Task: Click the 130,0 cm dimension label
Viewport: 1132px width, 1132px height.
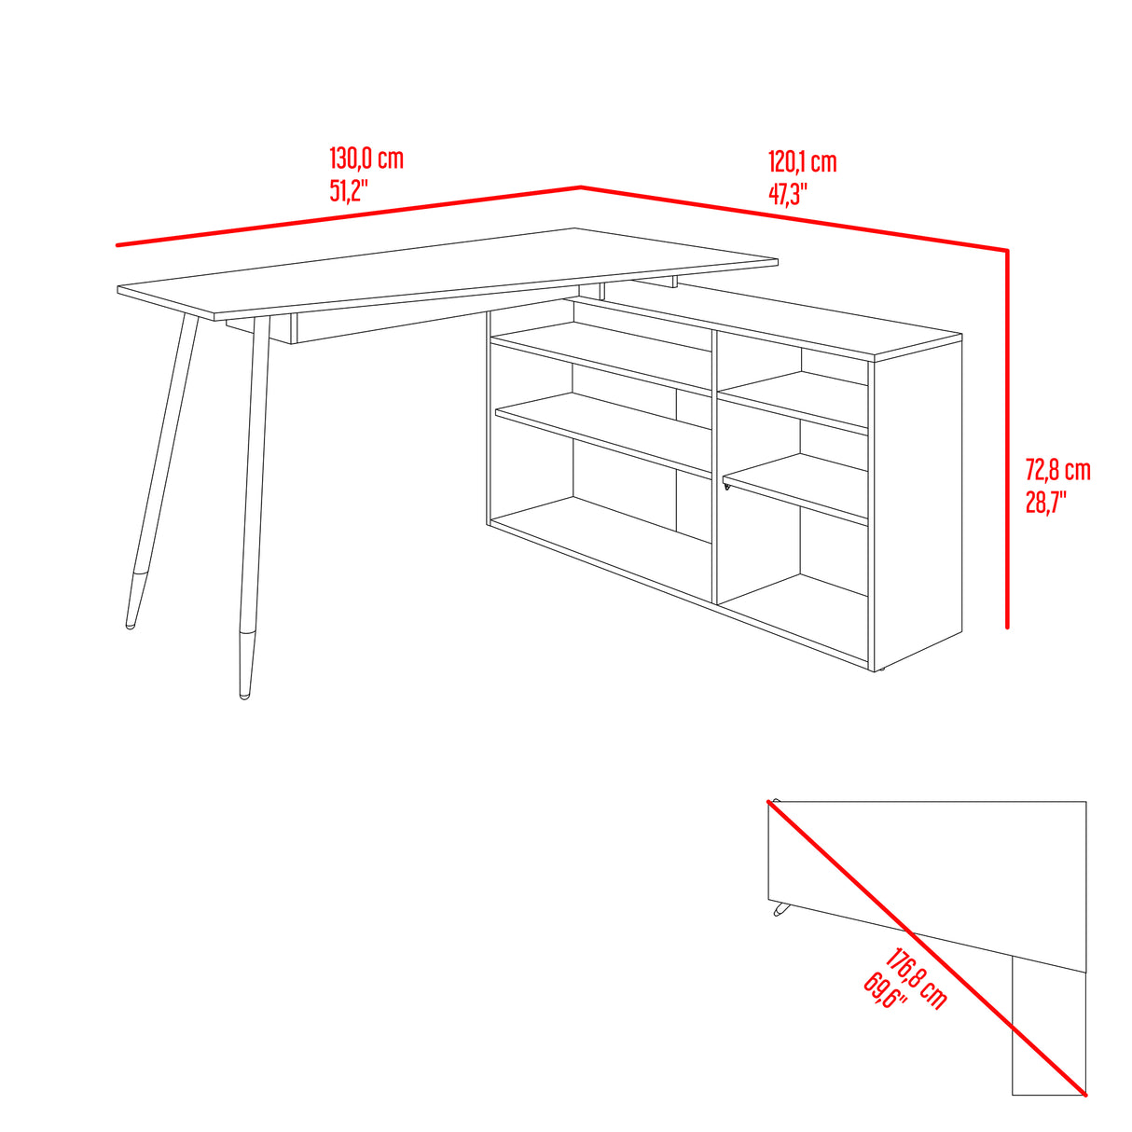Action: coord(366,159)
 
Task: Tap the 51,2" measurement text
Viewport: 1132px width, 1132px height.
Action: coord(349,192)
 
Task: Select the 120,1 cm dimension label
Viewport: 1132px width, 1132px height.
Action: coord(802,162)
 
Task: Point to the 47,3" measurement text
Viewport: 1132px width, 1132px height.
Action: coord(788,194)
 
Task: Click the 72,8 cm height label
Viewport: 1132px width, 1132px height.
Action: coord(1057,469)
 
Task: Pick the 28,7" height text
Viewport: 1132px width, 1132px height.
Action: coord(1045,504)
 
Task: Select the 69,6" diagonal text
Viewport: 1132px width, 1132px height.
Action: coord(885,991)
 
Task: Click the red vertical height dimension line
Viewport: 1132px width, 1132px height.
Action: coord(1008,438)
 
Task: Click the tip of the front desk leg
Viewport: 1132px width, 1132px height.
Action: coord(244,694)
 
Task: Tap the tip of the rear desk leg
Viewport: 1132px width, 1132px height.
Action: coord(130,625)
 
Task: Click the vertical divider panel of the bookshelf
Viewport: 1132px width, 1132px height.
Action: coord(714,466)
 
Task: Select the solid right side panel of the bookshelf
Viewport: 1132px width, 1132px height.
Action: coord(916,504)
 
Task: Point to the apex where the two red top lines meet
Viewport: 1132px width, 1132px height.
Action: coord(581,187)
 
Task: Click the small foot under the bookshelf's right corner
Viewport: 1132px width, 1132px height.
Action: coord(877,669)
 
